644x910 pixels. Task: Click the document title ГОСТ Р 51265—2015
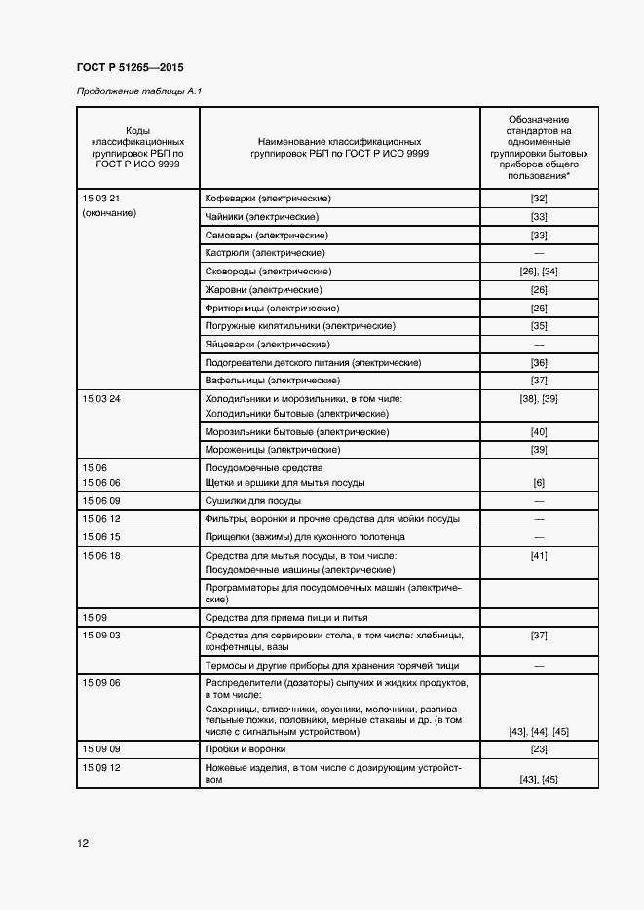point(130,67)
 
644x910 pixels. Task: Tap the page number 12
point(83,843)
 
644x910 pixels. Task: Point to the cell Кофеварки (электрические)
point(268,199)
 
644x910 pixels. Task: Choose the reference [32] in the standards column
point(539,199)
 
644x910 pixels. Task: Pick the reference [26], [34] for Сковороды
point(539,271)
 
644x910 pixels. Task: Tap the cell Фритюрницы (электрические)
point(269,308)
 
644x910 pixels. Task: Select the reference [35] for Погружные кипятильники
point(539,325)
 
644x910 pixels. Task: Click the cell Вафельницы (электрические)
point(272,380)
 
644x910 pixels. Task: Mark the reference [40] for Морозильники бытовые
point(539,431)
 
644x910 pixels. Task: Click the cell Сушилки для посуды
point(252,500)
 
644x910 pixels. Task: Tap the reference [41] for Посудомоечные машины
point(539,555)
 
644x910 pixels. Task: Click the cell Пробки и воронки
point(245,749)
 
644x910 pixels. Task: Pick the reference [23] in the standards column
point(539,749)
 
